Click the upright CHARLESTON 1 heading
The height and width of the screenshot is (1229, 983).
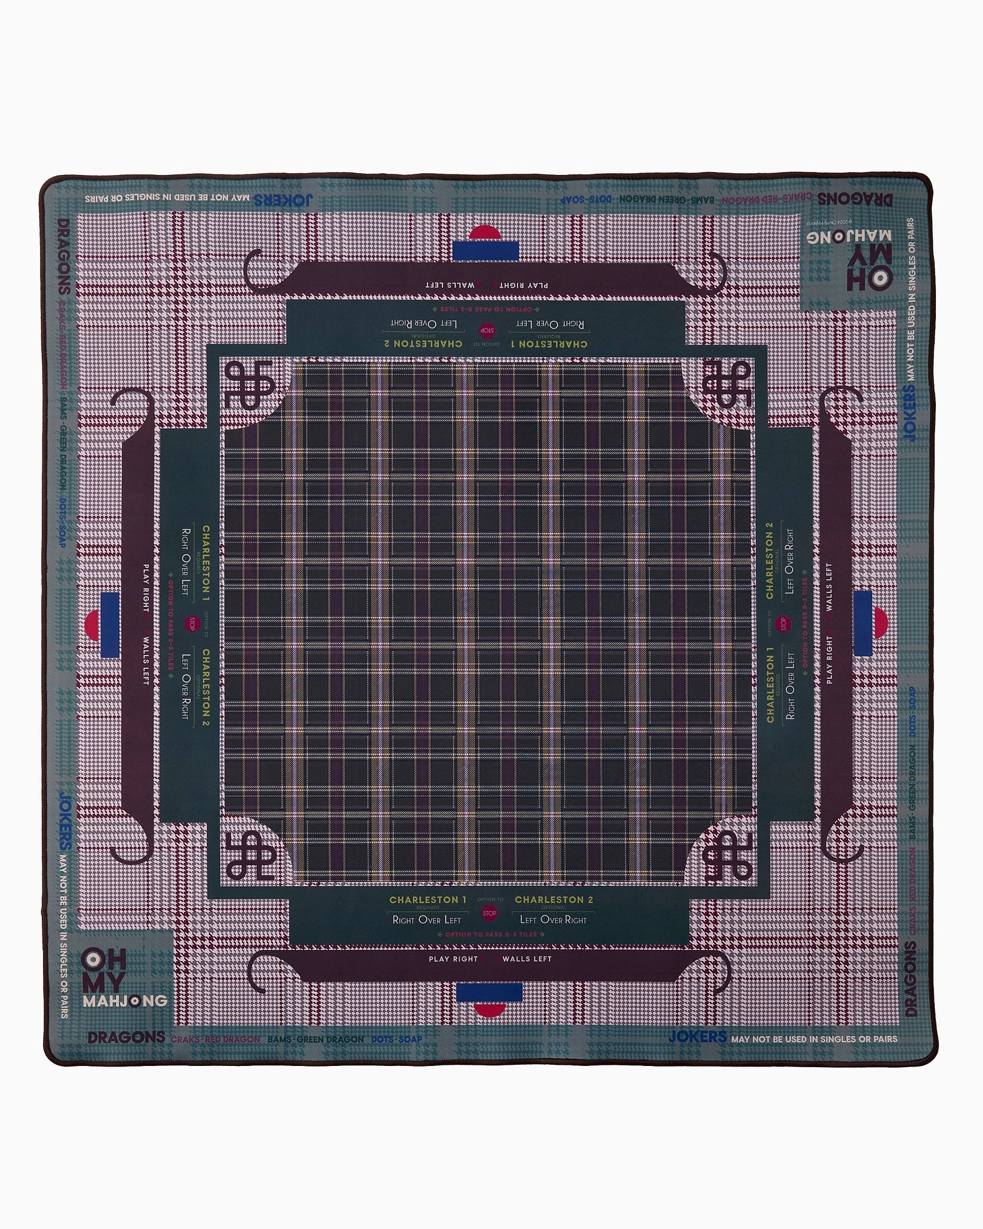coord(428,899)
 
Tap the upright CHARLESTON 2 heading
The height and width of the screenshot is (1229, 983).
coord(554,899)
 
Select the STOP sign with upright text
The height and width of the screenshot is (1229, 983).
coord(490,913)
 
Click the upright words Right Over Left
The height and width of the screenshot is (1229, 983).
coord(426,920)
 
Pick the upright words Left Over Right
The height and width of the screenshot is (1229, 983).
coord(554,920)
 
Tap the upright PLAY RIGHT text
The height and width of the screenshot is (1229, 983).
coord(453,959)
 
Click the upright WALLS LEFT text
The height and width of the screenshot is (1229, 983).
coord(527,959)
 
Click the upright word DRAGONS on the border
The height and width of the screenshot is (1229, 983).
coord(126,1037)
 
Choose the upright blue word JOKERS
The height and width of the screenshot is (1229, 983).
coord(697,1037)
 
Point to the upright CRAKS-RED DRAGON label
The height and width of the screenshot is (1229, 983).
coord(215,1040)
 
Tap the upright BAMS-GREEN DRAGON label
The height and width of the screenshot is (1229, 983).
coord(315,1040)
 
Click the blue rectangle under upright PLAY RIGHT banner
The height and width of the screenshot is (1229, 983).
coord(489,993)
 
